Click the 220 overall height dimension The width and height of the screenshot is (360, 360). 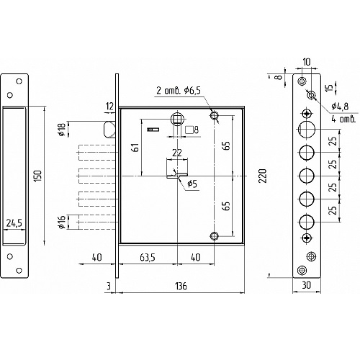(x=264, y=176)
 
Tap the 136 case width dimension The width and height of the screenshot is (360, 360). (x=181, y=286)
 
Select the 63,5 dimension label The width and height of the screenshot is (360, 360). (x=148, y=258)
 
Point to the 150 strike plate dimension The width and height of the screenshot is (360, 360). (x=39, y=176)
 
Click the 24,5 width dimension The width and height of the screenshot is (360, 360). (x=14, y=223)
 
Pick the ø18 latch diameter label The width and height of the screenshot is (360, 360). (x=62, y=129)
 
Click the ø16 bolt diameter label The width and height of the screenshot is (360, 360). (x=62, y=222)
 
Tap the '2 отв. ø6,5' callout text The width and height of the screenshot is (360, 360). (x=179, y=91)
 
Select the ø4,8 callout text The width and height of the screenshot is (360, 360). (x=340, y=107)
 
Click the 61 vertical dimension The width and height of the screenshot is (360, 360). (x=135, y=148)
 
